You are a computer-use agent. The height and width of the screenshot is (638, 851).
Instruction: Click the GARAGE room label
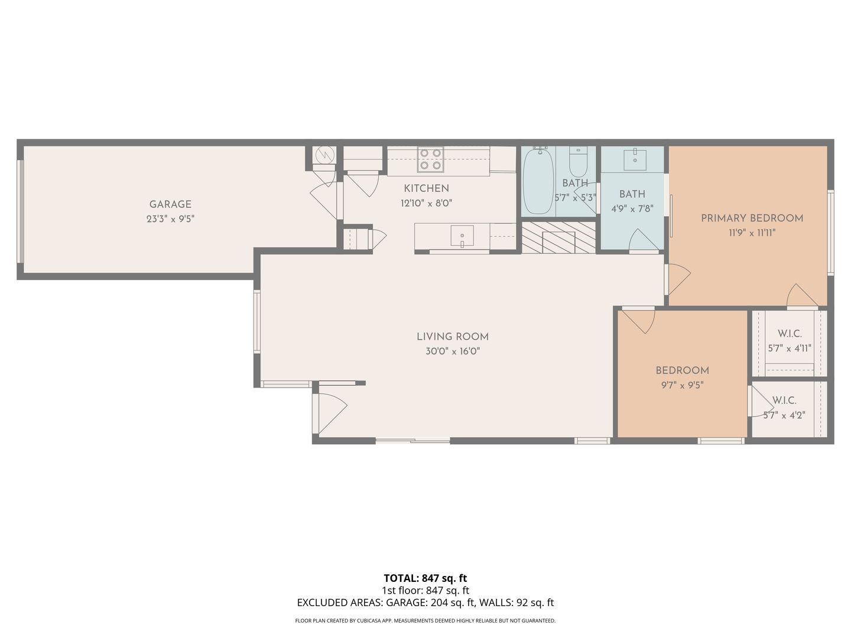pos(170,204)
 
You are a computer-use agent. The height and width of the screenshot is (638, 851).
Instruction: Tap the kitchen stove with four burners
pos(430,159)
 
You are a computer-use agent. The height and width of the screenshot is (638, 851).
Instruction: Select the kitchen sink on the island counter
pos(462,236)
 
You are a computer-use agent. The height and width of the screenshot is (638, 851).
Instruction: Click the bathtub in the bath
pos(538,181)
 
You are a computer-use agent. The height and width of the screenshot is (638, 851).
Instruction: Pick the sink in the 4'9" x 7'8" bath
pos(635,159)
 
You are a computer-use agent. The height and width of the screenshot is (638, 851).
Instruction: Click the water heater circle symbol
pos(325,155)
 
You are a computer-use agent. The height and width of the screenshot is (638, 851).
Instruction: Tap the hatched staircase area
pos(558,237)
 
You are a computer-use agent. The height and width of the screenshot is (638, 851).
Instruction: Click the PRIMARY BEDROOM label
pos(752,218)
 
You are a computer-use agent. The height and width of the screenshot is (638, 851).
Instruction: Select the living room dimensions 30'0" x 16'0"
pos(453,351)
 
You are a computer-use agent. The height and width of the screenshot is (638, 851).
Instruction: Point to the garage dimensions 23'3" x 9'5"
pos(170,219)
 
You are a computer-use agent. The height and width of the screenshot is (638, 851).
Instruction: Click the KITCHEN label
pos(426,188)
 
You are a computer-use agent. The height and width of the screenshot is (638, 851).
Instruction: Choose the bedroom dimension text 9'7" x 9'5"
pos(682,385)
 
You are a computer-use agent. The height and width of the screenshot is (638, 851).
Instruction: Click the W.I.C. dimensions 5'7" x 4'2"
pos(784,415)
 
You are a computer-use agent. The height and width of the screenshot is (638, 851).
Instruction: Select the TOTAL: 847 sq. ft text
pos(425,578)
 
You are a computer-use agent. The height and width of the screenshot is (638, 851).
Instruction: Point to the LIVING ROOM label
pos(453,337)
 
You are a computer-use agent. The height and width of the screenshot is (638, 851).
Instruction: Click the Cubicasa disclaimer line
pos(425,620)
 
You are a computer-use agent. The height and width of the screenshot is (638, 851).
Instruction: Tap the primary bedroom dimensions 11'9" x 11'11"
pos(752,233)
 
